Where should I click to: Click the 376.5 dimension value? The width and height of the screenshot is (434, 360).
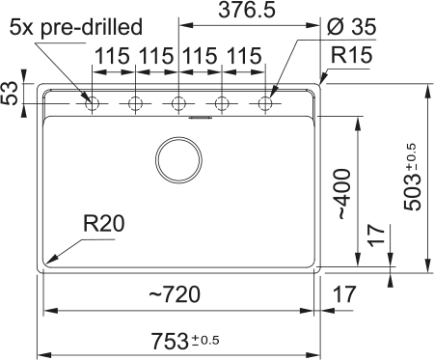click(247, 10)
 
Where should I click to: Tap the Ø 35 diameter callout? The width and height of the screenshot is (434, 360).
click(351, 26)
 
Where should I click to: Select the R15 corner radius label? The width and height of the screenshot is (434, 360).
click(352, 55)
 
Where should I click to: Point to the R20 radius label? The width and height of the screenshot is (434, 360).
click(103, 224)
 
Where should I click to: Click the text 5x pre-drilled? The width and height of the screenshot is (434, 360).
click(76, 27)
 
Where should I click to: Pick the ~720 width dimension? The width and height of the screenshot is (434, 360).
click(175, 294)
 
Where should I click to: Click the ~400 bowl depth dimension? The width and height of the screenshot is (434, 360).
click(343, 194)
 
